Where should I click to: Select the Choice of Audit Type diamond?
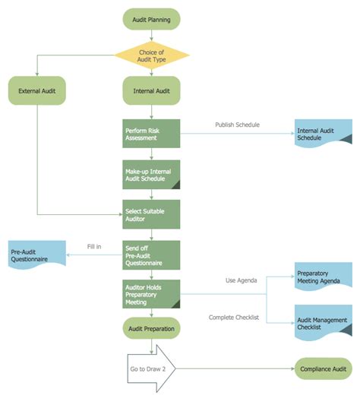[x=151, y=55]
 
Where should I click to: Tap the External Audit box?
[x=37, y=92]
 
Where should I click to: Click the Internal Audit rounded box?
[x=151, y=92]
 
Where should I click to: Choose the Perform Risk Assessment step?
[x=151, y=134]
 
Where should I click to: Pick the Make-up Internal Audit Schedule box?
[x=151, y=174]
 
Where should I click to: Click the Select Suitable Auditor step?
[x=151, y=214]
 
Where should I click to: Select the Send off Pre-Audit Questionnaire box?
[x=151, y=255]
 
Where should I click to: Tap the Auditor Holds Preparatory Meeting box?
[x=151, y=294]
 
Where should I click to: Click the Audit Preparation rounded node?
[x=151, y=330]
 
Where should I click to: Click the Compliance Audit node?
[x=324, y=368]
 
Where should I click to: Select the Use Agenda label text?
[x=241, y=280]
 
